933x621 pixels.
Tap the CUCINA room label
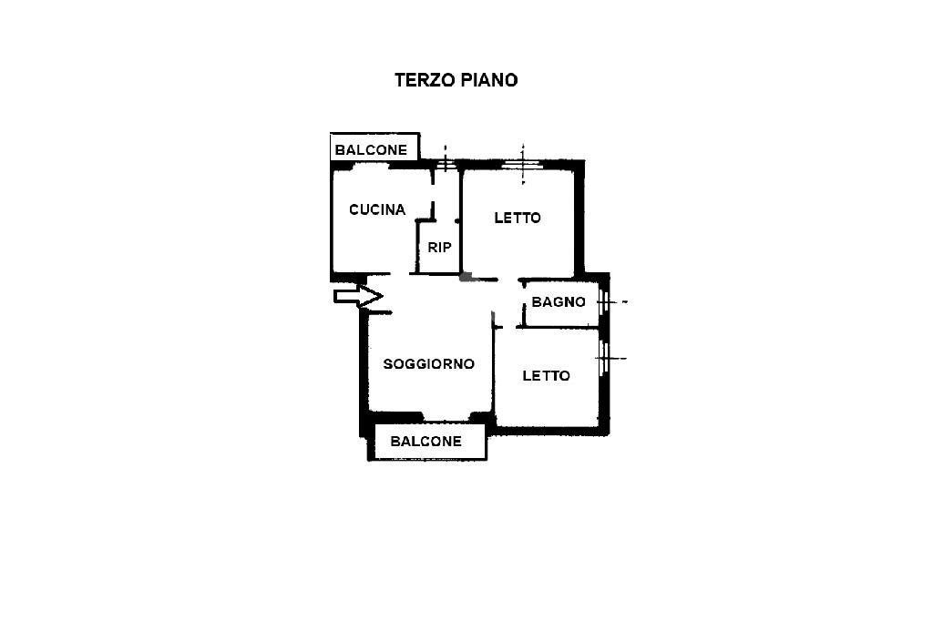tap(377, 209)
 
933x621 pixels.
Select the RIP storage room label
tap(440, 247)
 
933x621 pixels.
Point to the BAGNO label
tap(559, 301)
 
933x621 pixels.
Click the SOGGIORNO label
tap(429, 364)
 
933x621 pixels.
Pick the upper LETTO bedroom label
tap(518, 218)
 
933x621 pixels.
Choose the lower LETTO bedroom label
tap(546, 375)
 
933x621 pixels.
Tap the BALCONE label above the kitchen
tap(371, 149)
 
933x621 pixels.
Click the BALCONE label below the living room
tap(425, 442)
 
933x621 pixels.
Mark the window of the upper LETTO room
tap(523, 165)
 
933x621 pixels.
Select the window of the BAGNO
tap(603, 301)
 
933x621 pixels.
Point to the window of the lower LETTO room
tap(603, 358)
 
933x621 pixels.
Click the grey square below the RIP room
tap(466, 276)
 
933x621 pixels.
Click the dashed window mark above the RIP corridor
tap(444, 164)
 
